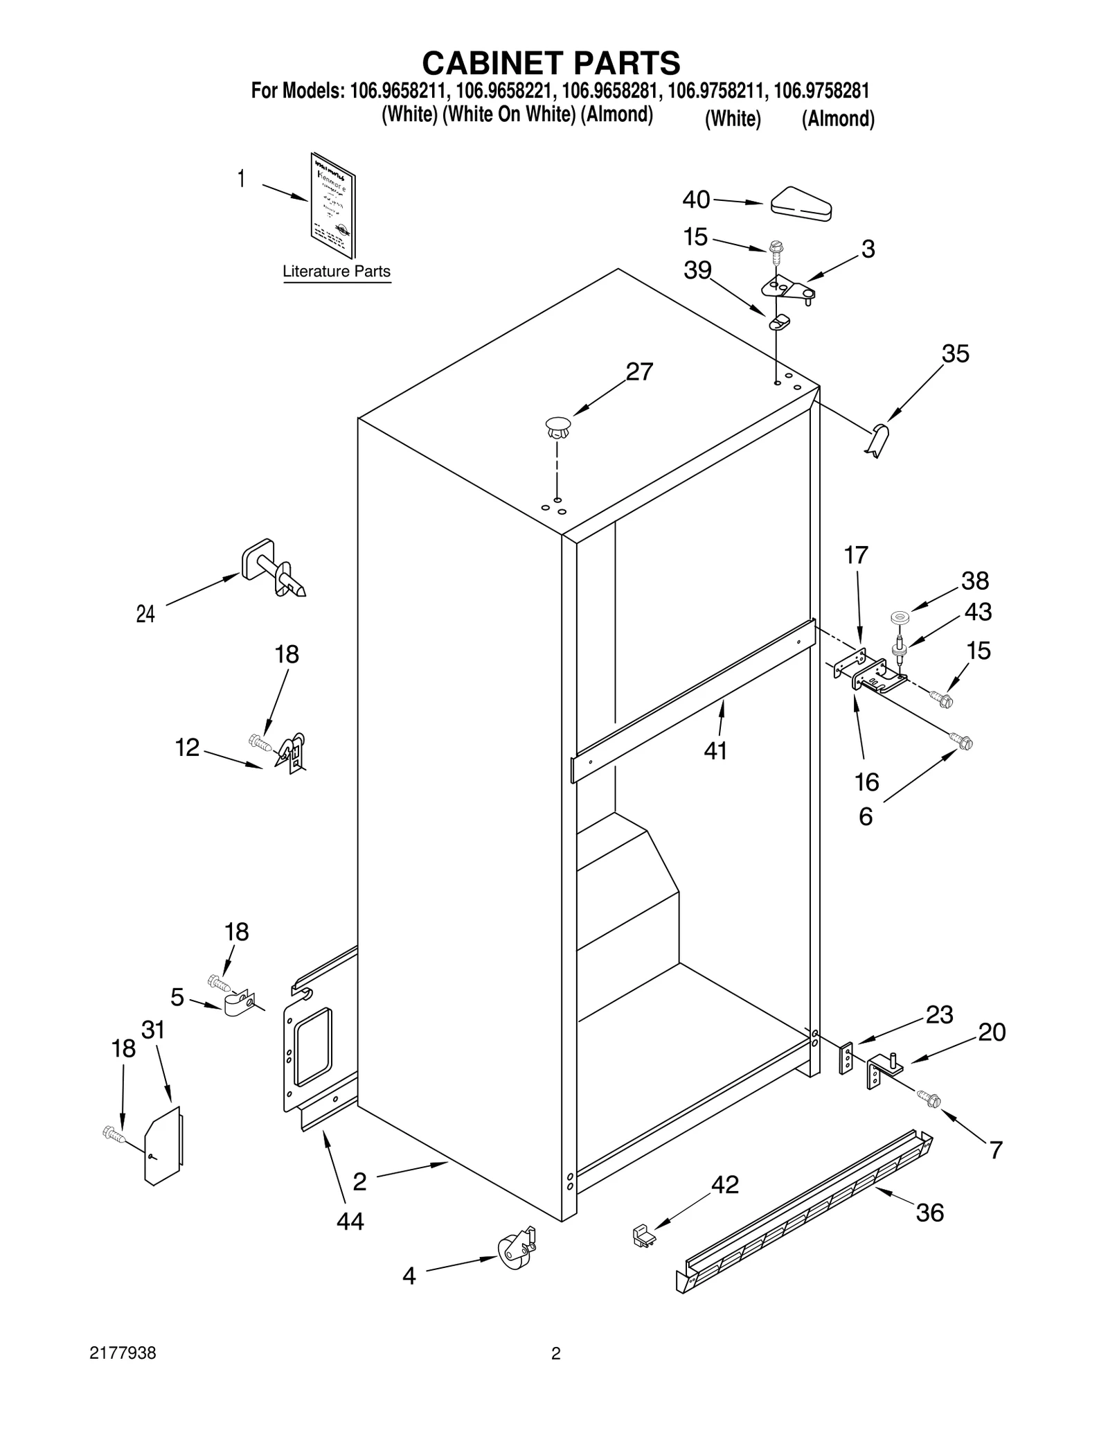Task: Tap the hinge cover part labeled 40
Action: [x=801, y=204]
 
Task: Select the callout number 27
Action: [x=638, y=372]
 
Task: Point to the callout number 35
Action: [x=955, y=354]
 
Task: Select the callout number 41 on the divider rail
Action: [x=715, y=750]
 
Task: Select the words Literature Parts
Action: [x=336, y=272]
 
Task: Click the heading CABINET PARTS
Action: [x=551, y=63]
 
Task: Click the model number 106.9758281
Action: [x=821, y=91]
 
